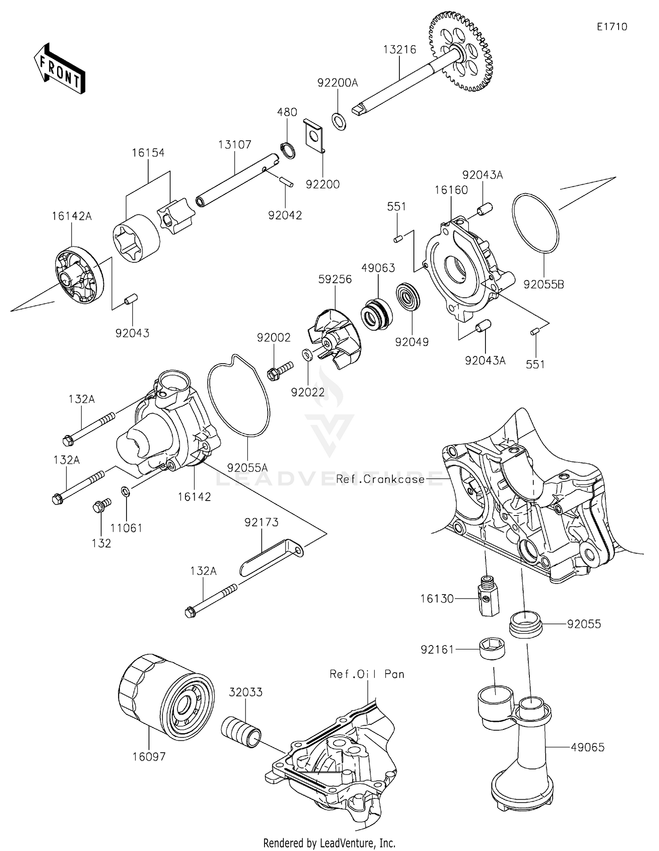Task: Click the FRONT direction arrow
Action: [59, 69]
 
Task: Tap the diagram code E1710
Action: [612, 27]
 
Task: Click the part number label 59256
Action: [335, 279]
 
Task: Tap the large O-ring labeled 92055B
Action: [535, 223]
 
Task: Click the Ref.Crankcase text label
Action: [380, 479]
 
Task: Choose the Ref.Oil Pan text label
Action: [367, 674]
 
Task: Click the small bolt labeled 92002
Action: [279, 371]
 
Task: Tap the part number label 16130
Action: [437, 599]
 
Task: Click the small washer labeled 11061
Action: [125, 490]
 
